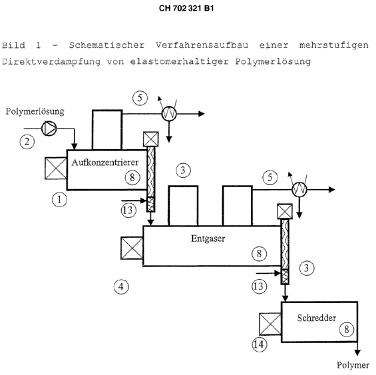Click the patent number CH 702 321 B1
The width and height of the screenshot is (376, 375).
click(x=186, y=9)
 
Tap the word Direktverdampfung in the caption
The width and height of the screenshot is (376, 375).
click(x=51, y=62)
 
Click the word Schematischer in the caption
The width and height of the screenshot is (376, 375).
click(x=107, y=45)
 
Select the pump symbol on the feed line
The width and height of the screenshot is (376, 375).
click(x=49, y=129)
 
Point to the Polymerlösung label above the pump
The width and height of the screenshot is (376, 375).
click(x=35, y=111)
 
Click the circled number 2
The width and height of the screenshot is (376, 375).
click(x=27, y=142)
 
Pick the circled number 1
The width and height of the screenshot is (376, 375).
click(x=59, y=200)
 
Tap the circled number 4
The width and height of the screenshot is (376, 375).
click(x=121, y=286)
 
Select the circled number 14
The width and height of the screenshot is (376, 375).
click(x=259, y=345)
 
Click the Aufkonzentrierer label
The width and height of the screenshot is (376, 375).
click(x=105, y=163)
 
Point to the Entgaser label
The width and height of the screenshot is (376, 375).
click(x=208, y=238)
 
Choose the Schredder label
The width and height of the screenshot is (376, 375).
click(x=317, y=318)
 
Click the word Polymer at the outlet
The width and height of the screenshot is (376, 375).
click(x=353, y=365)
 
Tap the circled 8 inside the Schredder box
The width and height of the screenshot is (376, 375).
click(x=347, y=329)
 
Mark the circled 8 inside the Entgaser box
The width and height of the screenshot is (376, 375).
click(x=259, y=254)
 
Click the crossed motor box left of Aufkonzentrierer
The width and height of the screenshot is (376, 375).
click(x=56, y=169)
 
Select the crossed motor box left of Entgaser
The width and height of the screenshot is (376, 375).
click(x=132, y=248)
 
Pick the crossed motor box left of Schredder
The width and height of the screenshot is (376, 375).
click(x=270, y=324)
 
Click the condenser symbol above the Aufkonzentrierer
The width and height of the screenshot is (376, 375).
click(x=169, y=114)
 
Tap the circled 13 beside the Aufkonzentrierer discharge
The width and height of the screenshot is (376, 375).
click(x=128, y=210)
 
